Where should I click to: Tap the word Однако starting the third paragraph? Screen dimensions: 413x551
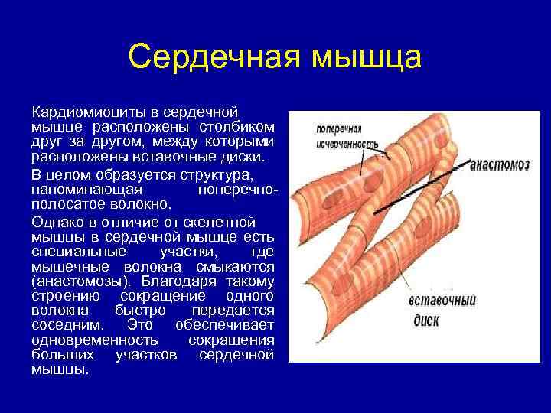click(57, 222)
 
